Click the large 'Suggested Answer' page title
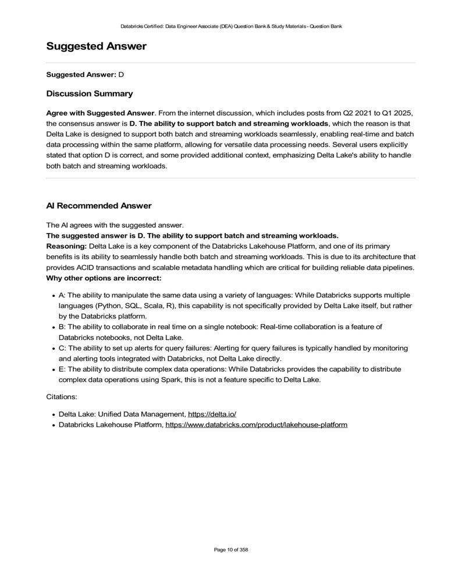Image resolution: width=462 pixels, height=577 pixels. (96, 46)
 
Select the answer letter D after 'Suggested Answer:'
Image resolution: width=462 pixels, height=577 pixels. (122, 75)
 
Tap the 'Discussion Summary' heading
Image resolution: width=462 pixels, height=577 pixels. (89, 94)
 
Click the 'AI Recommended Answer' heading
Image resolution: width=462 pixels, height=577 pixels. (98, 206)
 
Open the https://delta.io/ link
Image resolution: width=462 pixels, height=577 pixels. (212, 414)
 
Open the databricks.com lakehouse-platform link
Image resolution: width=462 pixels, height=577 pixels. (256, 425)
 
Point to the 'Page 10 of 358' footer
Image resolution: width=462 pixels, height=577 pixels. (231, 550)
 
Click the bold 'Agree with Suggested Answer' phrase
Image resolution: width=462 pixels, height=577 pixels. (100, 112)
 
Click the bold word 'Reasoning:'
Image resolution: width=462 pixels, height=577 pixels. (66, 246)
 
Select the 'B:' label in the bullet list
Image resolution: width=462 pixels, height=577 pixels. (62, 327)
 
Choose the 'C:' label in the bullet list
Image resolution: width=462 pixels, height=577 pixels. (62, 348)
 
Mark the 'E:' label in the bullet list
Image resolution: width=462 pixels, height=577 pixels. (62, 369)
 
